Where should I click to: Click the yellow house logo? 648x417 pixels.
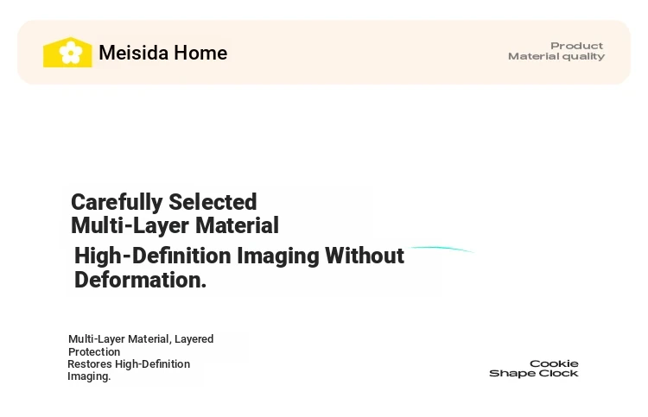coord(67,52)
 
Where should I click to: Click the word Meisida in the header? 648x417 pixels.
coord(133,53)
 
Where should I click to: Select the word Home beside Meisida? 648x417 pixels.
coord(200,53)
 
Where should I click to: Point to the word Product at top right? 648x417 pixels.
coord(576,46)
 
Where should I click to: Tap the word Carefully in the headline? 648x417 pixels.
coord(117,203)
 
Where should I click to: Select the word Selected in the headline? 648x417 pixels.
coord(213,202)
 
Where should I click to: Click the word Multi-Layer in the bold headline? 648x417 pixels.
coord(130,225)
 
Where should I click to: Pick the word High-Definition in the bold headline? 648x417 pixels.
coord(152,256)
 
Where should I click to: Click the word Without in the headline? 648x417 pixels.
coord(365,256)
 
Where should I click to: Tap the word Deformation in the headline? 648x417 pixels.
coord(140,280)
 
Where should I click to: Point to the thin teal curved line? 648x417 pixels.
coord(442,248)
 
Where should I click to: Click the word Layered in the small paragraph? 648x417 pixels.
coord(194,339)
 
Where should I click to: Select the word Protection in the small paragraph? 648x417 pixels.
coord(94,351)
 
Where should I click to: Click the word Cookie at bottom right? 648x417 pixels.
coord(554,363)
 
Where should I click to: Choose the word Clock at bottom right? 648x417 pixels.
coord(559,373)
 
